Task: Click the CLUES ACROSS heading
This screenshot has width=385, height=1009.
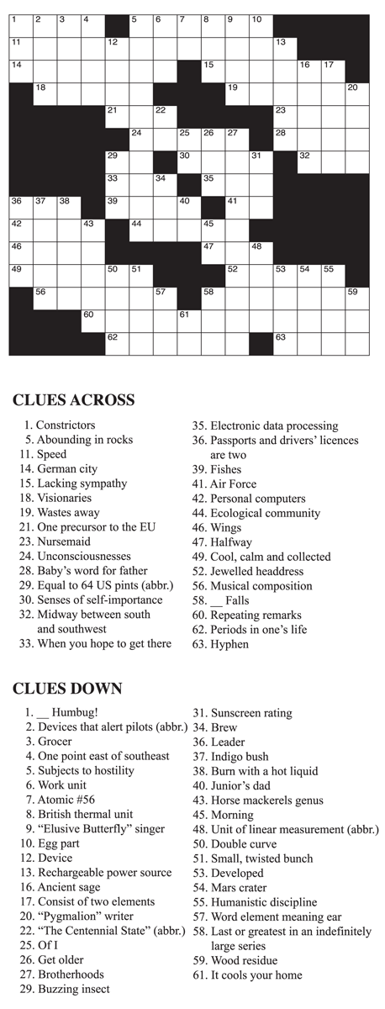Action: (73, 400)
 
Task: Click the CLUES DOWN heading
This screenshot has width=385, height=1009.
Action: (67, 689)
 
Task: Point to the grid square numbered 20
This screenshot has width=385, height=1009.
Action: (357, 92)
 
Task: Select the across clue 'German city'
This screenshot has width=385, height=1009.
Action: (66, 469)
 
